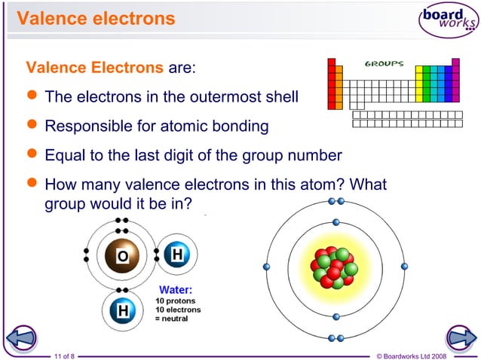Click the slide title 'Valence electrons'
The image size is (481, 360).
[96, 17]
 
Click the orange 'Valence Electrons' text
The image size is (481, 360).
[94, 69]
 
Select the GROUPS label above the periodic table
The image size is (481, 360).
[384, 64]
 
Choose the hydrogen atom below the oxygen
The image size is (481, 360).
[122, 310]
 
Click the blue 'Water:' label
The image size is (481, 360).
[175, 289]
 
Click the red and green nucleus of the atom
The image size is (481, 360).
[335, 267]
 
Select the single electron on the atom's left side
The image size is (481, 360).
[265, 267]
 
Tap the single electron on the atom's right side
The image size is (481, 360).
[404, 267]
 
